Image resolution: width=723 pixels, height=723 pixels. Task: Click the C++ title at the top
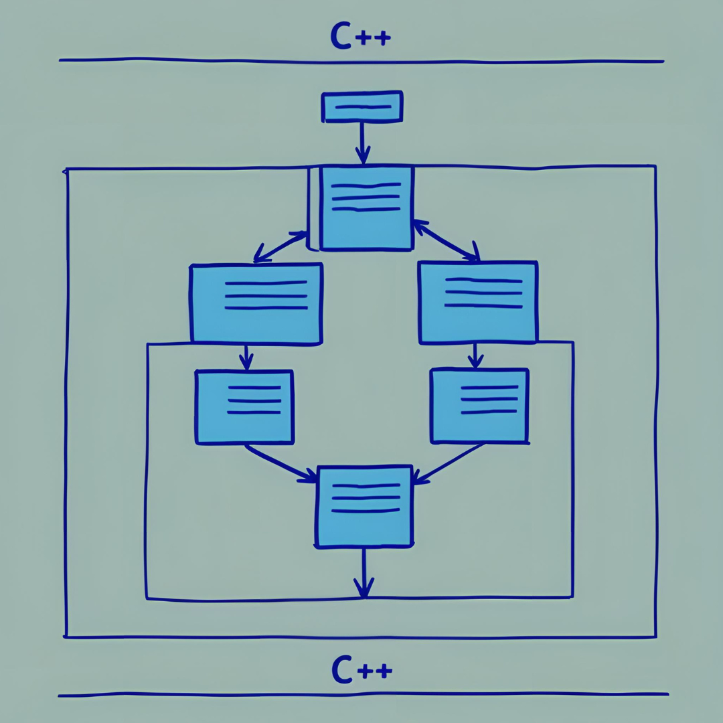pyautogui.click(x=360, y=37)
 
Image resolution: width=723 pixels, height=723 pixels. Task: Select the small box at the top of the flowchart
pyautogui.click(x=362, y=107)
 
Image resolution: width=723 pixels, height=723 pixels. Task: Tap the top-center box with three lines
pyautogui.click(x=366, y=208)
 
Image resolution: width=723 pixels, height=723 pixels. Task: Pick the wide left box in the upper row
pyautogui.click(x=256, y=303)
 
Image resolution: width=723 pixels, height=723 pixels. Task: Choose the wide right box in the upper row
pyautogui.click(x=477, y=302)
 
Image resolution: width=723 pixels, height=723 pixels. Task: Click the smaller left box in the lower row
pyautogui.click(x=244, y=406)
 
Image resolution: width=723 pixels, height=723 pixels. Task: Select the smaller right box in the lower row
pyautogui.click(x=479, y=406)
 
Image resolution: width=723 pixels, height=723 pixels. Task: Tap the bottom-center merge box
pyautogui.click(x=364, y=506)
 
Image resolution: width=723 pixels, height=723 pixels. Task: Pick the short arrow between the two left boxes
pyautogui.click(x=246, y=357)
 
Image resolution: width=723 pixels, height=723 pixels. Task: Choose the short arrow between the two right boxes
pyautogui.click(x=475, y=355)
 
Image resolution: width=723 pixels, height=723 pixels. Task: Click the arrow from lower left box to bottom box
pyautogui.click(x=280, y=462)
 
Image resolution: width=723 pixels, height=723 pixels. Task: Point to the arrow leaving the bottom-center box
pyautogui.click(x=363, y=572)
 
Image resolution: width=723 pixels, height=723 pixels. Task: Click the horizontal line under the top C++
pyautogui.click(x=361, y=61)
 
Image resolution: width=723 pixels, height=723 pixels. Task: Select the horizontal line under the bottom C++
pyautogui.click(x=361, y=695)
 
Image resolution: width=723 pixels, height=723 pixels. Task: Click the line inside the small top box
pyautogui.click(x=362, y=106)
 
